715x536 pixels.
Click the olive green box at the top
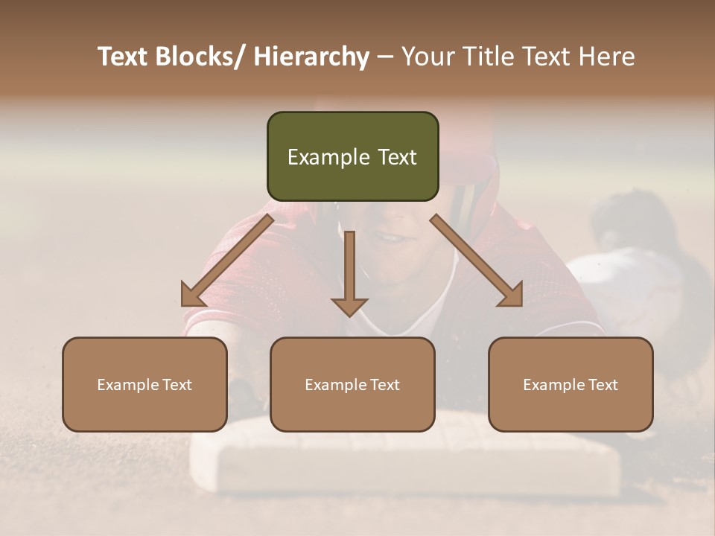click(x=352, y=156)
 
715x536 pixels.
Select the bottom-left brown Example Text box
click(x=144, y=384)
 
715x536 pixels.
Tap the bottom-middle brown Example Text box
click(x=352, y=384)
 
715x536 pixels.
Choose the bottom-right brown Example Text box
click(x=571, y=384)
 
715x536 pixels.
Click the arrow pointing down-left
click(x=226, y=261)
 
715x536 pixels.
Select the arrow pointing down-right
click(x=477, y=261)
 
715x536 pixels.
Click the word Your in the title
click(x=425, y=57)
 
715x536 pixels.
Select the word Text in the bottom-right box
click(x=602, y=385)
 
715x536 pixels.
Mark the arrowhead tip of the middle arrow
click(x=349, y=315)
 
